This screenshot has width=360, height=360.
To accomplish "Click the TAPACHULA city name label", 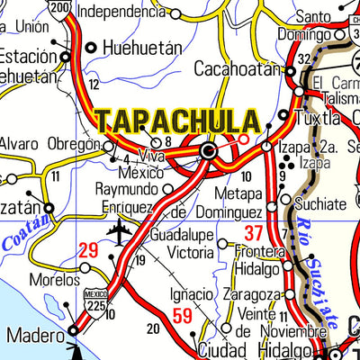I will point(178,122).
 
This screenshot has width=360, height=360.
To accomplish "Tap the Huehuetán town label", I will point(142,47).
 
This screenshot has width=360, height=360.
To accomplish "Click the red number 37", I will point(254,235).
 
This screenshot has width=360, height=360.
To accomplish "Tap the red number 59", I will point(182,315).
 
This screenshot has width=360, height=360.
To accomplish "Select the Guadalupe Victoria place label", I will point(182,243).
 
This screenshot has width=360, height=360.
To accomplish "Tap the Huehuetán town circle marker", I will point(91,47).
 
